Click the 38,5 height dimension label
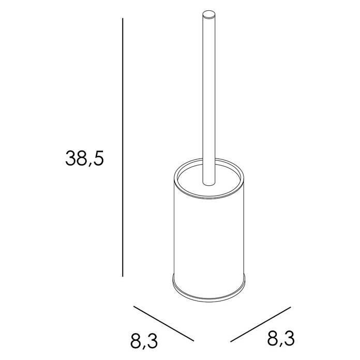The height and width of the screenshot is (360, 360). (x=85, y=158)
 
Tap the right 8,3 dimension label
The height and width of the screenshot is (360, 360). (x=281, y=338)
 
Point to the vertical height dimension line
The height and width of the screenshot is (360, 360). (x=123, y=147)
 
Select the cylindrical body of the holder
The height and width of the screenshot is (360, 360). (x=209, y=236)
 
